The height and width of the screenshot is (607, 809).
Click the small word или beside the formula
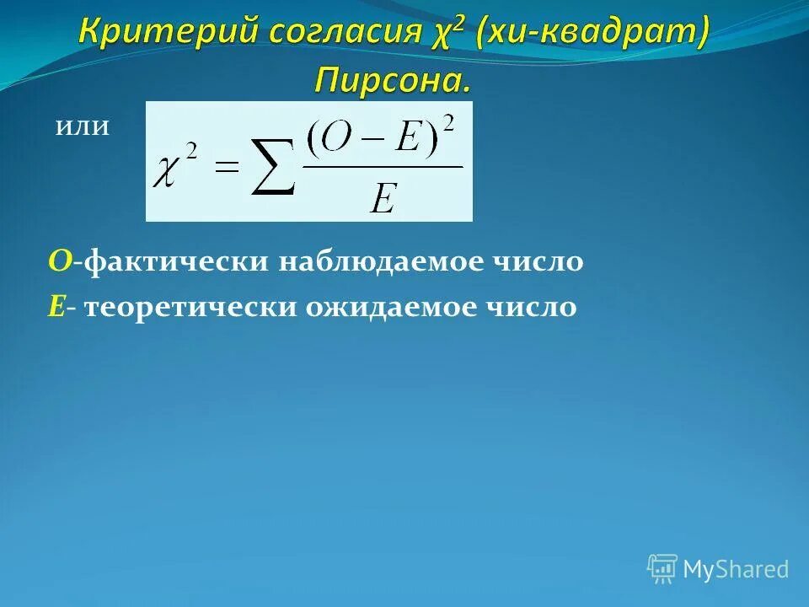[83, 127]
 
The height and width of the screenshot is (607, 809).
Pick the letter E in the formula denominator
[383, 199]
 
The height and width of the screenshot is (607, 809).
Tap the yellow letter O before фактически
[58, 262]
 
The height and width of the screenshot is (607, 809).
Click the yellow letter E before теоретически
[56, 307]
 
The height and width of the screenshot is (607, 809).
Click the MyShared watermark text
[736, 570]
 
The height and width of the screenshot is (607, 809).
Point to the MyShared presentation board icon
[662, 568]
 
